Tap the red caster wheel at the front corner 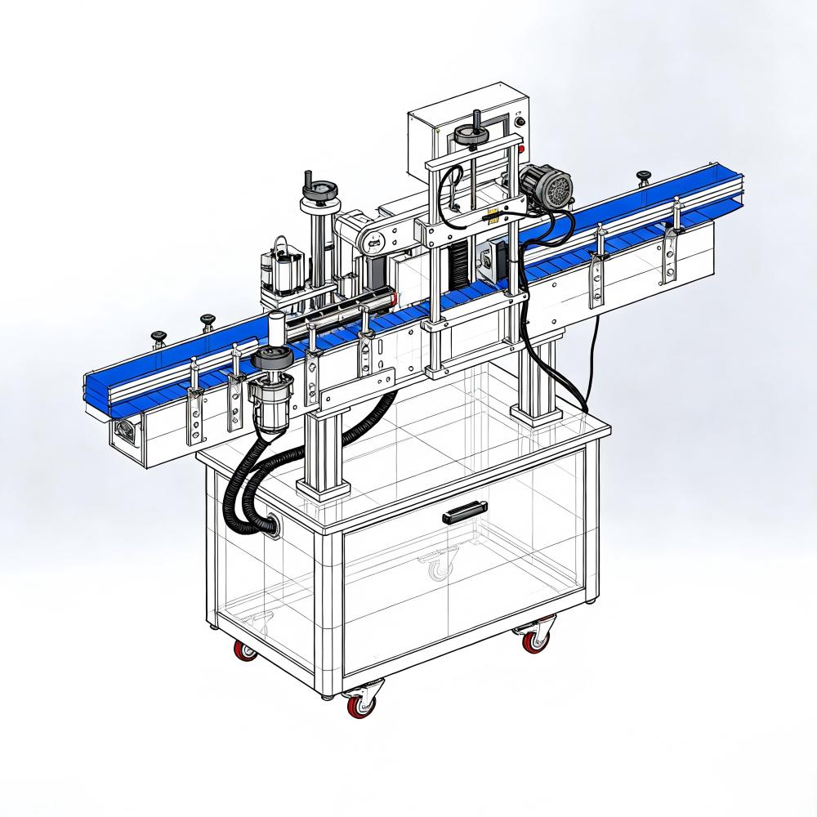point(358,705)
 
